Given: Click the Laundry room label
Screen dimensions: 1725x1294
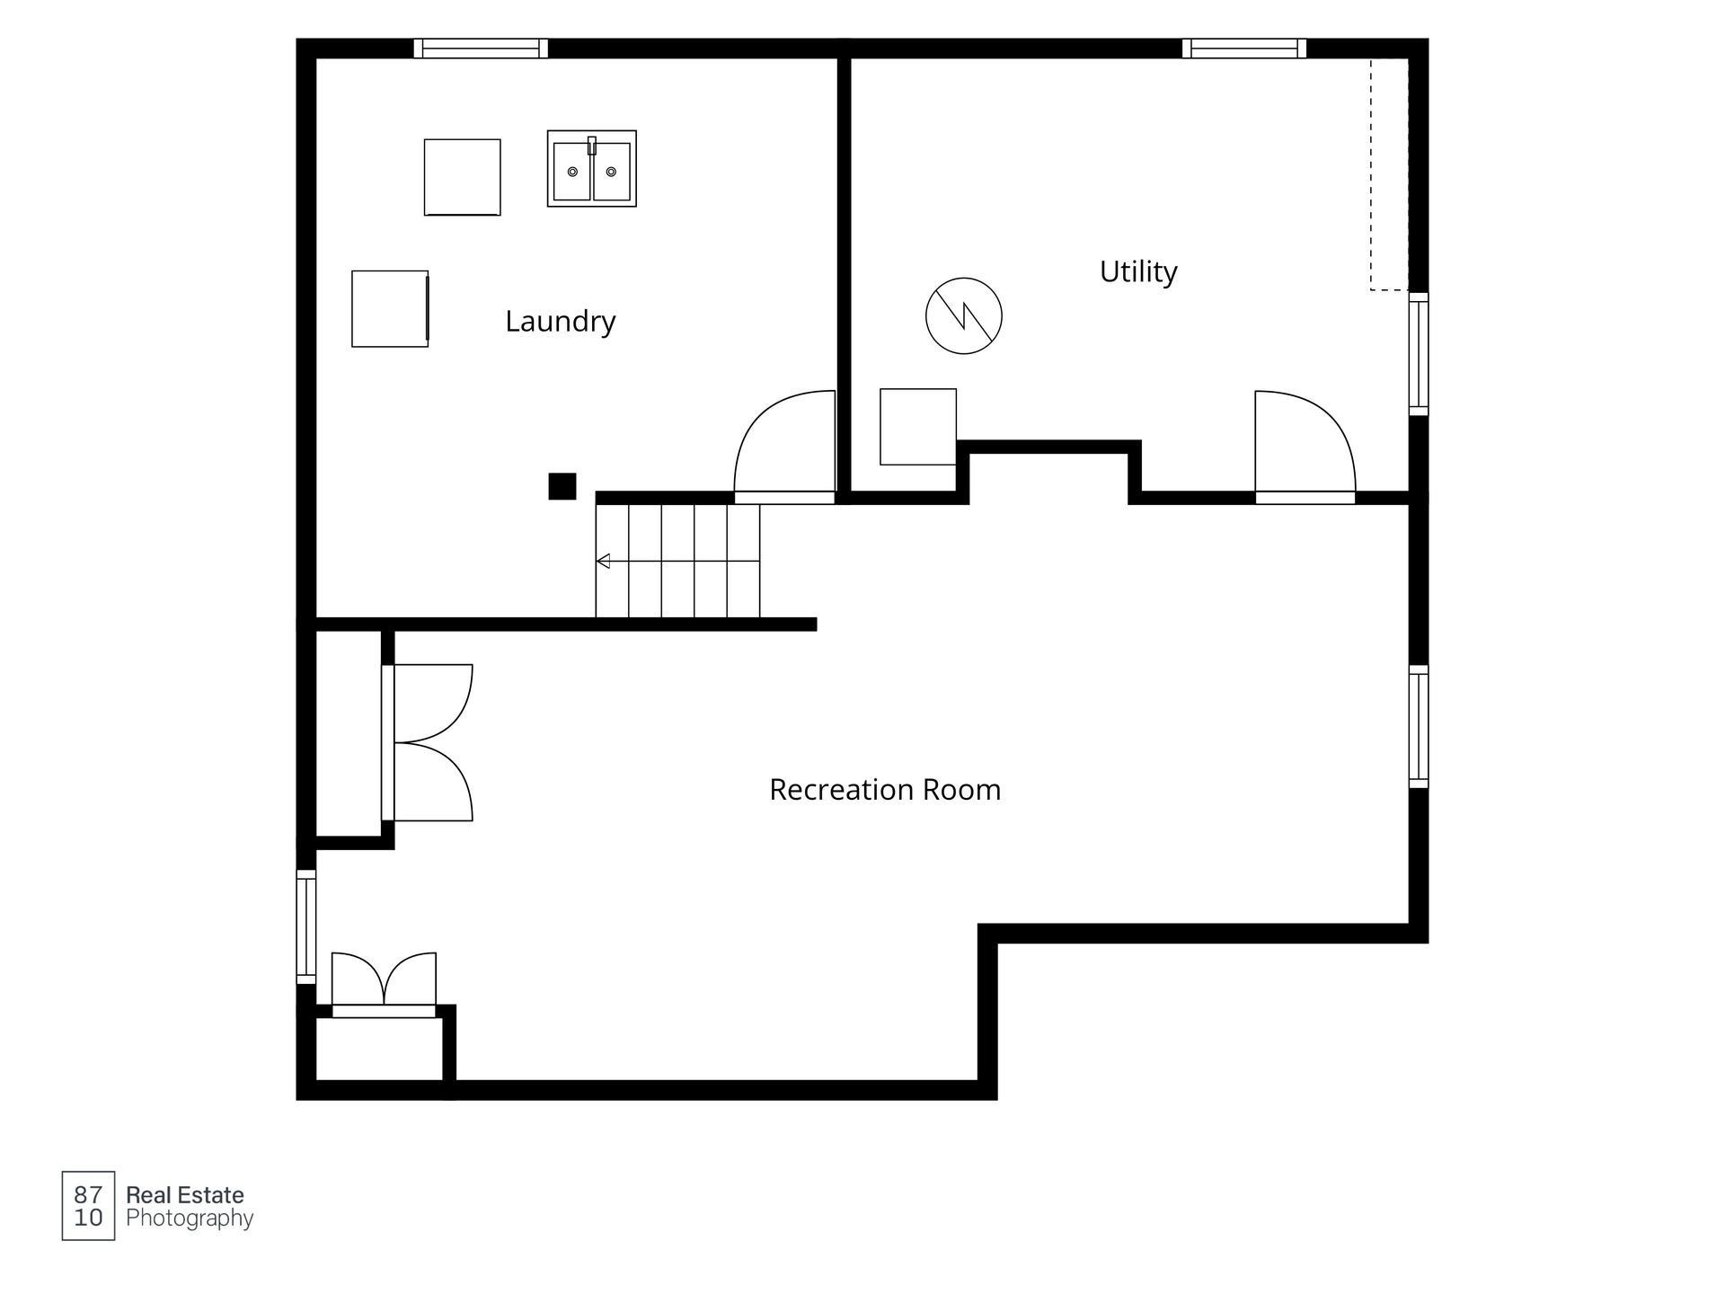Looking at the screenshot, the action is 560,322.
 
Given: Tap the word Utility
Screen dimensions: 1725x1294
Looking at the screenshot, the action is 1138,271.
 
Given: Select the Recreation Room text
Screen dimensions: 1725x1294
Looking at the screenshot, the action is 885,790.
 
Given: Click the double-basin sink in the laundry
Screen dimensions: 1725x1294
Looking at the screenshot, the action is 592,169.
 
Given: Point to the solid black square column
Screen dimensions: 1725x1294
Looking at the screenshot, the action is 562,486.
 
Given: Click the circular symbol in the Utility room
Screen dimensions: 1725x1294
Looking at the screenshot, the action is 964,315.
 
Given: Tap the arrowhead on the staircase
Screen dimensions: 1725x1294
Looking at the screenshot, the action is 603,562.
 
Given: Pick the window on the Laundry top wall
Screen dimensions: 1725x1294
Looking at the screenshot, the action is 481,49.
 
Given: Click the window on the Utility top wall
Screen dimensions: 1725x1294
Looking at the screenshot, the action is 1244,49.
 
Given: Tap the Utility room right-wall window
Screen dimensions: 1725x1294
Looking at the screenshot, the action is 1419,354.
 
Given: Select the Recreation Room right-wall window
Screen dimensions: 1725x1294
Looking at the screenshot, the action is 1419,727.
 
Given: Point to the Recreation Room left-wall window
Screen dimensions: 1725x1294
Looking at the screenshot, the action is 306,926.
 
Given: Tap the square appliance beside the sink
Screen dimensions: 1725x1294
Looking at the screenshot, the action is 463,177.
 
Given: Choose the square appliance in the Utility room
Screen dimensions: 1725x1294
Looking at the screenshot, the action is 918,427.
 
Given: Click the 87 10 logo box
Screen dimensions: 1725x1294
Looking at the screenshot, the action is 88,1206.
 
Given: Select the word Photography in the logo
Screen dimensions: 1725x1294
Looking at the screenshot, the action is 190,1219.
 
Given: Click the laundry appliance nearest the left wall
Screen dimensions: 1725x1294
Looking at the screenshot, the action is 390,309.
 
